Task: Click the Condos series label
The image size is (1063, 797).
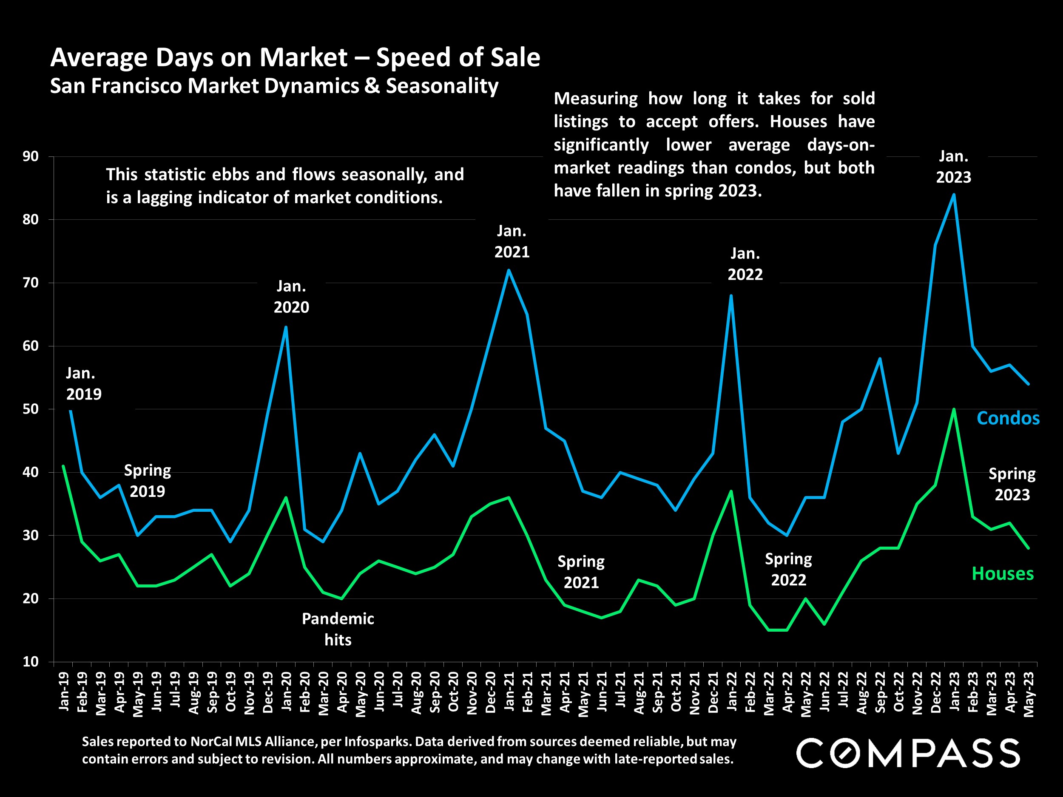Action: pyautogui.click(x=1008, y=418)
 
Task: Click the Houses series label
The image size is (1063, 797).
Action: pyautogui.click(x=1003, y=573)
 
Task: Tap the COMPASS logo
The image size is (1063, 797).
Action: pyautogui.click(x=908, y=753)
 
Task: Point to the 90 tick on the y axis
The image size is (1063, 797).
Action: pyautogui.click(x=30, y=156)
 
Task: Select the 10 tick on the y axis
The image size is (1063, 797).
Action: pyautogui.click(x=30, y=661)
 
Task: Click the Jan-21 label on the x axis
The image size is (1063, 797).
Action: pyautogui.click(x=509, y=691)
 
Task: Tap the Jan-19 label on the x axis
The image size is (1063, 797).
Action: pyautogui.click(x=63, y=691)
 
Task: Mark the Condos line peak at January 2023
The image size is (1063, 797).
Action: pyautogui.click(x=953, y=195)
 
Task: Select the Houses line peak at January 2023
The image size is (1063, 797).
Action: pyautogui.click(x=953, y=409)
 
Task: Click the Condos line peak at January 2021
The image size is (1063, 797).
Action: pyautogui.click(x=509, y=270)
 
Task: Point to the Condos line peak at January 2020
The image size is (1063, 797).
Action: pyautogui.click(x=286, y=327)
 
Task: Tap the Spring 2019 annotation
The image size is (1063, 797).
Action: pyautogui.click(x=148, y=480)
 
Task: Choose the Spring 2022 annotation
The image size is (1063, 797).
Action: pyautogui.click(x=788, y=569)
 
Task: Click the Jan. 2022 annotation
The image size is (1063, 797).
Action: pyautogui.click(x=745, y=264)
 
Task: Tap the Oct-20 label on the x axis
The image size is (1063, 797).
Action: pyautogui.click(x=453, y=691)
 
